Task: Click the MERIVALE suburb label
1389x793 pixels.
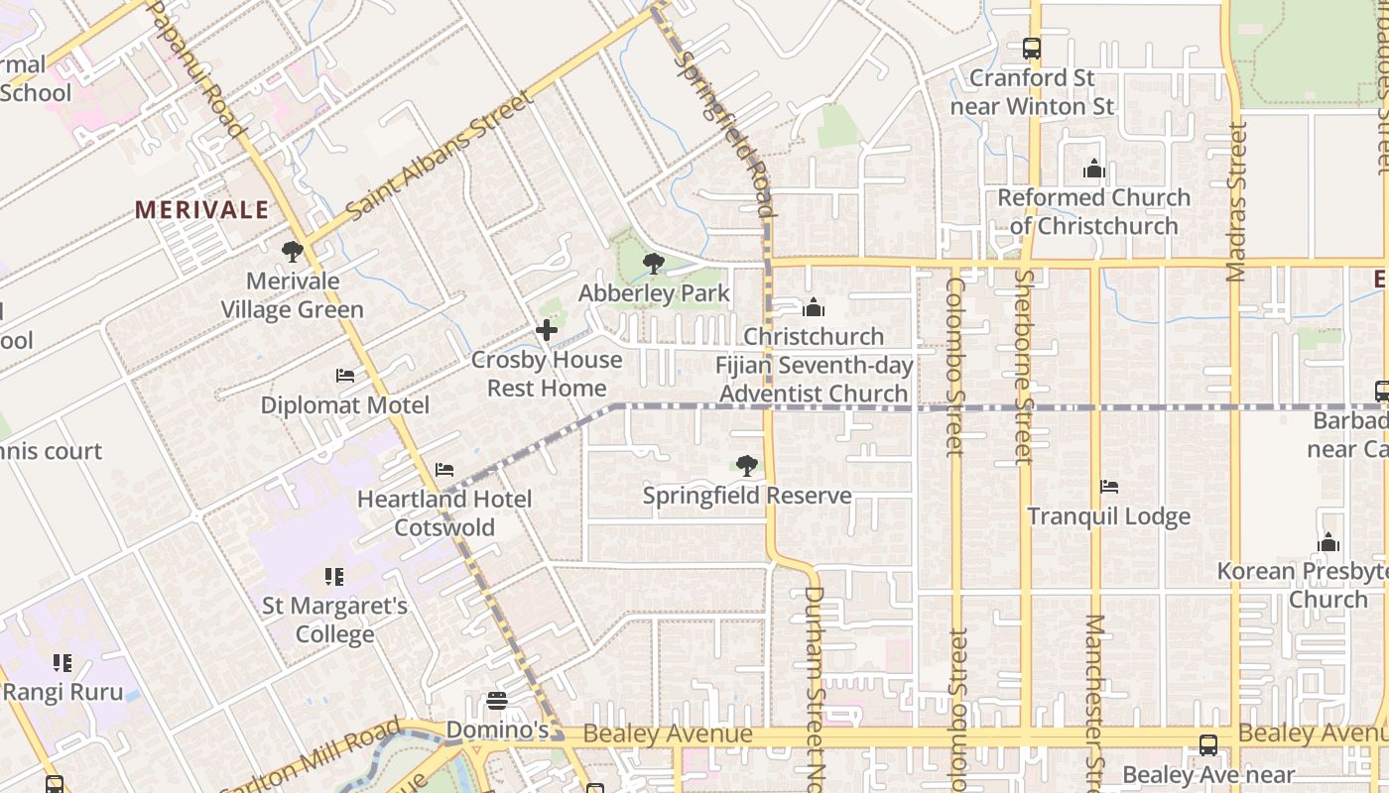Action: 201,210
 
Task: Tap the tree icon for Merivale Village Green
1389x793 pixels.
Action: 292,252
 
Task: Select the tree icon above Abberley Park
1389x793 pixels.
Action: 653,264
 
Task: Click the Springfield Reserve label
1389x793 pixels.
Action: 747,496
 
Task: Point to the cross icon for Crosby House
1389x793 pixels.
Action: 546,330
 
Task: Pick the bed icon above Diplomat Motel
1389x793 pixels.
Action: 344,376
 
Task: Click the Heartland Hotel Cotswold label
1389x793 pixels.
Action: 444,513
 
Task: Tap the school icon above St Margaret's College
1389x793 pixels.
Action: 334,576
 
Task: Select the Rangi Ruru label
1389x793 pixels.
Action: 63,692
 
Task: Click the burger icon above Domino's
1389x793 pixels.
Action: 497,702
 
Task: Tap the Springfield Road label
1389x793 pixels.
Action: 722,133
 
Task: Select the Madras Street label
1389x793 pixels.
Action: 1236,201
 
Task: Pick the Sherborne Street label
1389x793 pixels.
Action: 1024,367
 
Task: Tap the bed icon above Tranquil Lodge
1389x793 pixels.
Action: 1109,487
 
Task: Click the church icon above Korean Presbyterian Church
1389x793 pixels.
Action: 1327,542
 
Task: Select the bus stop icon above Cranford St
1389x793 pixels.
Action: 1032,48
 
